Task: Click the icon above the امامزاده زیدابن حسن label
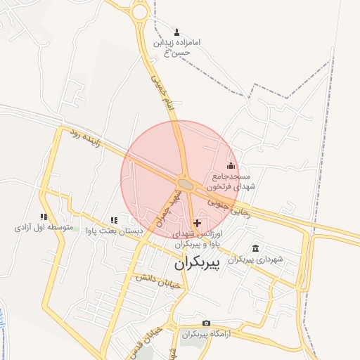tap(176, 32)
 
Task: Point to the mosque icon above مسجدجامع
tap(231, 166)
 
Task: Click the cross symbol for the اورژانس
tap(196, 222)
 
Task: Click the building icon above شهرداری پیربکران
tap(255, 248)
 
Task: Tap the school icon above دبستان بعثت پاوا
tap(114, 220)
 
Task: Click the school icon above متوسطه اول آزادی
tap(44, 217)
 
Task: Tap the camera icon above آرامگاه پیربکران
tap(205, 323)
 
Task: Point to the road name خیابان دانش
tap(159, 281)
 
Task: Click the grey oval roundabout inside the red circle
tap(186, 184)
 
